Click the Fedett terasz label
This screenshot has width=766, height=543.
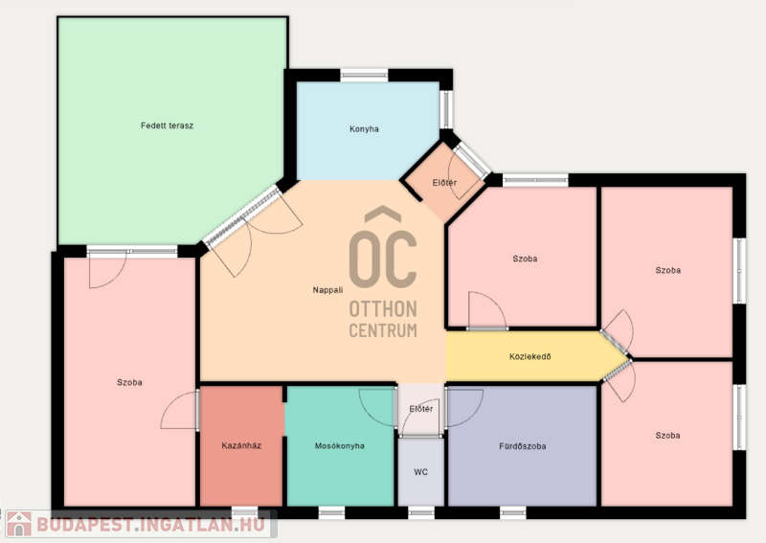pos(167,125)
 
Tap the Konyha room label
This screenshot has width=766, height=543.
pos(364,129)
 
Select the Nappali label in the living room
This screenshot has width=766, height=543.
pos(327,290)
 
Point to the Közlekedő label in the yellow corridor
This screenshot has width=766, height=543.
pos(530,357)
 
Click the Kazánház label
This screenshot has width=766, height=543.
pos(241,445)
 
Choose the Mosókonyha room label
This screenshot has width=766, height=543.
pos(340,445)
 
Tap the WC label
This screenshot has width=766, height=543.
pos(420,472)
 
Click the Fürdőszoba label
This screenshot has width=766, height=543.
pos(522,446)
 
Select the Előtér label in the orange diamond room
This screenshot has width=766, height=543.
pos(444,183)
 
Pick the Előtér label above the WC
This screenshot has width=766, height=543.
pos(421,409)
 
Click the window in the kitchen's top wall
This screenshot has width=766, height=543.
pos(364,76)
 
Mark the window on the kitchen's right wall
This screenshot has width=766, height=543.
pos(446,109)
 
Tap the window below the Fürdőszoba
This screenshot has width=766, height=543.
pos(513,512)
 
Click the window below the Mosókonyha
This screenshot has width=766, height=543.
pos(331,512)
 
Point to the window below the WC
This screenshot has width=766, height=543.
pos(421,512)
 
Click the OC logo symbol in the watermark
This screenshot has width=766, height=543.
pos(383,248)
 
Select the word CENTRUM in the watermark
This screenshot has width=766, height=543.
pos(383,330)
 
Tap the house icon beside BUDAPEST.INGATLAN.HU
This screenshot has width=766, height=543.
pos(19,524)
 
